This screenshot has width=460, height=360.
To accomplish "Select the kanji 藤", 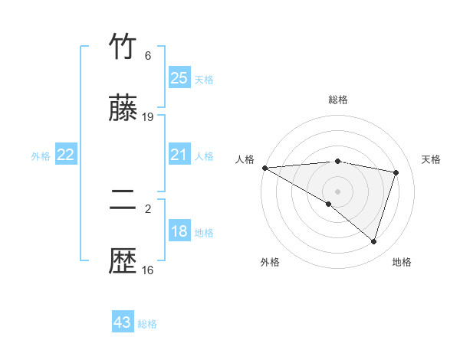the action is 123,110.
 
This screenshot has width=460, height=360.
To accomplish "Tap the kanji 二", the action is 123,201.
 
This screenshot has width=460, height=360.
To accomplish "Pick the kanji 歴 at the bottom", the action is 123,262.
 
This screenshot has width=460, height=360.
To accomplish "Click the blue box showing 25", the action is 179,78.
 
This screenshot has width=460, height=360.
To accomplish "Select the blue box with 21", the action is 179,155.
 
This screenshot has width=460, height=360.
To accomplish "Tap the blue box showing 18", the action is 179,231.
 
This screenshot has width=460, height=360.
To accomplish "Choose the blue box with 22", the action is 66,155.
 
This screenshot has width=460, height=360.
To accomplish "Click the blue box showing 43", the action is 123,322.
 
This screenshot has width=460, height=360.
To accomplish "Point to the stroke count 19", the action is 148,117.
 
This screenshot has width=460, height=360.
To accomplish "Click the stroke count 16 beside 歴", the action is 148,270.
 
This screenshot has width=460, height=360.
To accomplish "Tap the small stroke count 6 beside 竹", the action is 148,56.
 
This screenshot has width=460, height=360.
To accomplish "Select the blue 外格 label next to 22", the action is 41,155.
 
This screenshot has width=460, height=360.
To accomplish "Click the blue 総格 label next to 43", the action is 148,324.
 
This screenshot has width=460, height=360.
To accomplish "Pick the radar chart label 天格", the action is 431,159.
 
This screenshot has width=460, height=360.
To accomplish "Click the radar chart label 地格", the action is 402,262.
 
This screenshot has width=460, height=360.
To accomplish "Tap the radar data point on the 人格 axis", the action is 264,168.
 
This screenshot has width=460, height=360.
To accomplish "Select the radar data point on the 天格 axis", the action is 396,172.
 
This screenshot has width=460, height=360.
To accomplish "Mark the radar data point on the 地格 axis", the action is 373,241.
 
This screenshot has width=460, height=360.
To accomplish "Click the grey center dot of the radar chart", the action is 338,191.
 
